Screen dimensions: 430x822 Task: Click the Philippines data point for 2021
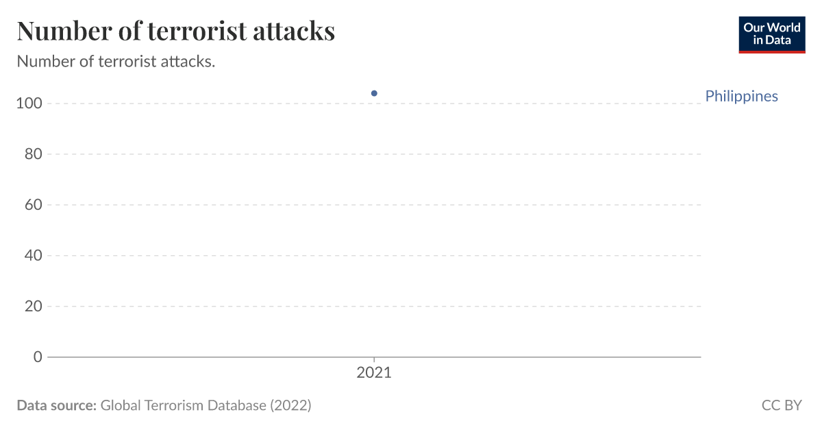[374, 93]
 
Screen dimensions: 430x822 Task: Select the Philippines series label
[741, 96]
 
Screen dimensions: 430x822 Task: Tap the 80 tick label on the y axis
[34, 154]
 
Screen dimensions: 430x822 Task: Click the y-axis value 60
[34, 205]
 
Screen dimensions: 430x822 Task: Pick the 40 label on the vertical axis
[34, 256]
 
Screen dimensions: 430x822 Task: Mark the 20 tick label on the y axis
[34, 307]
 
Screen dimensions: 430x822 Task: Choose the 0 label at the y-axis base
[38, 357]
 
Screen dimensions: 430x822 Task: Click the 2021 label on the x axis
[374, 373]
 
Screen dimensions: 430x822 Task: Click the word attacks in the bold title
[295, 31]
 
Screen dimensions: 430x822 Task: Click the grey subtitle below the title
[116, 62]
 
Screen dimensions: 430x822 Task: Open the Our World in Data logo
[771, 34]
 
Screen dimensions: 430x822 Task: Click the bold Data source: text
[56, 405]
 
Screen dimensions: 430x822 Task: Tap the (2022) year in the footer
[290, 405]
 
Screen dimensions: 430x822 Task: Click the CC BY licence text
[781, 405]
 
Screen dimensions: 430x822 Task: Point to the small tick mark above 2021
[374, 360]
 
